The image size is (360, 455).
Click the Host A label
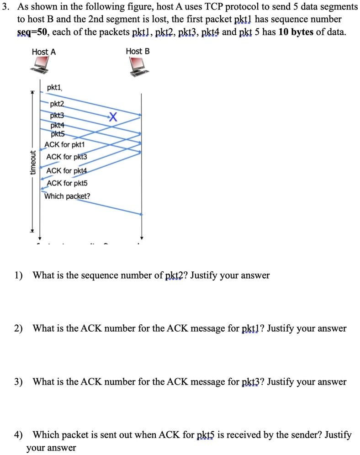click(x=44, y=52)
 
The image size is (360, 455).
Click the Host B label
click(x=138, y=52)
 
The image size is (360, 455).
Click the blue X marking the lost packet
click(x=114, y=117)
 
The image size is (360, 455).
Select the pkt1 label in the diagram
click(x=54, y=87)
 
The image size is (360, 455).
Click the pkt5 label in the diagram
click(x=57, y=134)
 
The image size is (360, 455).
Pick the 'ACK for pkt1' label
click(x=65, y=145)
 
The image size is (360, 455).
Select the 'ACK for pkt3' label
click(x=67, y=157)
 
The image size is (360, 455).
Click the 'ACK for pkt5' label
click(x=67, y=183)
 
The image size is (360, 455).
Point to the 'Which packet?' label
click(x=67, y=196)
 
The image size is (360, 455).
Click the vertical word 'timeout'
click(x=32, y=163)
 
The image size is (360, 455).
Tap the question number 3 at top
click(x=6, y=7)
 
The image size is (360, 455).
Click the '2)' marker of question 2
click(x=18, y=328)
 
